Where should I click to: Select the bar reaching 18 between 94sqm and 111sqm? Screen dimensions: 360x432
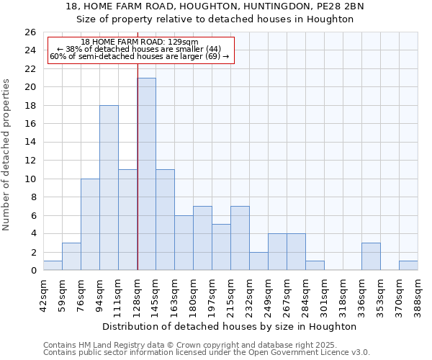(x=109, y=188)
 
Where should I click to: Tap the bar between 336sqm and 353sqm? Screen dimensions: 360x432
(x=371, y=257)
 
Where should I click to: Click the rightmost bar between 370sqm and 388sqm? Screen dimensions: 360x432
(x=408, y=266)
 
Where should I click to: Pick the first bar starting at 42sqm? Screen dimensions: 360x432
(x=53, y=266)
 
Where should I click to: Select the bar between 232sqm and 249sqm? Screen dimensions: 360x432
(x=258, y=261)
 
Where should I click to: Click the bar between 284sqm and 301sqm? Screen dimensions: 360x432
(x=315, y=266)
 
